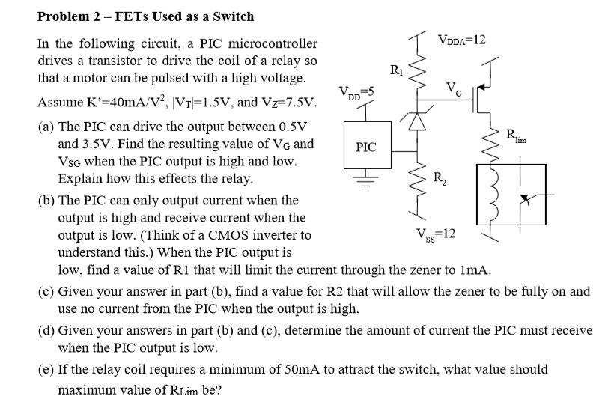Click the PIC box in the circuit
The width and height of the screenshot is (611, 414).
point(366,147)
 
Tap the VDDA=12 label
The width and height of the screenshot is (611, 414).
point(463,39)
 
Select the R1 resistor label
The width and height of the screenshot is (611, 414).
point(397,72)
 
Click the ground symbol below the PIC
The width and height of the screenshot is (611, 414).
point(366,179)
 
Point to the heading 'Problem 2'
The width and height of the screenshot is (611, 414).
point(72,16)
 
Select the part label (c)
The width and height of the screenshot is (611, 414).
point(45,291)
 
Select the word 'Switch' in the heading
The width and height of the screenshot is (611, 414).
point(233,16)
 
